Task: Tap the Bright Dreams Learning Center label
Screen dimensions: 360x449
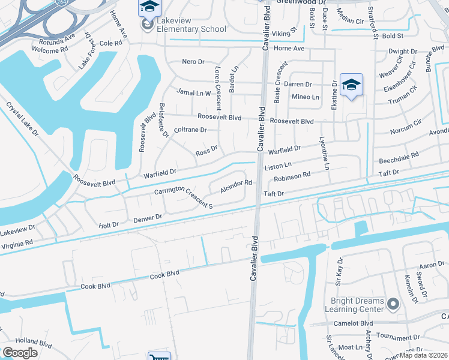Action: point(357,305)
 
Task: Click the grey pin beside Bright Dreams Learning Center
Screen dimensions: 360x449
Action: point(393,305)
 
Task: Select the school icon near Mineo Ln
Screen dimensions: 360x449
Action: point(351,85)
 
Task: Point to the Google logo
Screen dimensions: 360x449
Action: point(20,353)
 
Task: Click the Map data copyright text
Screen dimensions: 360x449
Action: point(424,355)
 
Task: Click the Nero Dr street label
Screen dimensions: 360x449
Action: point(194,62)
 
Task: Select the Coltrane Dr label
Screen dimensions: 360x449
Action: point(190,130)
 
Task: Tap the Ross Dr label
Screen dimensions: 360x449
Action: point(206,152)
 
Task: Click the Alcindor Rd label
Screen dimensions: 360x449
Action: point(235,186)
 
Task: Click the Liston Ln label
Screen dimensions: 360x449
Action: point(278,165)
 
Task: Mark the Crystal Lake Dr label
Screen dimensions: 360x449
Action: point(22,118)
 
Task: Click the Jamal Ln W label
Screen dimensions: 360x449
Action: point(194,92)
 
